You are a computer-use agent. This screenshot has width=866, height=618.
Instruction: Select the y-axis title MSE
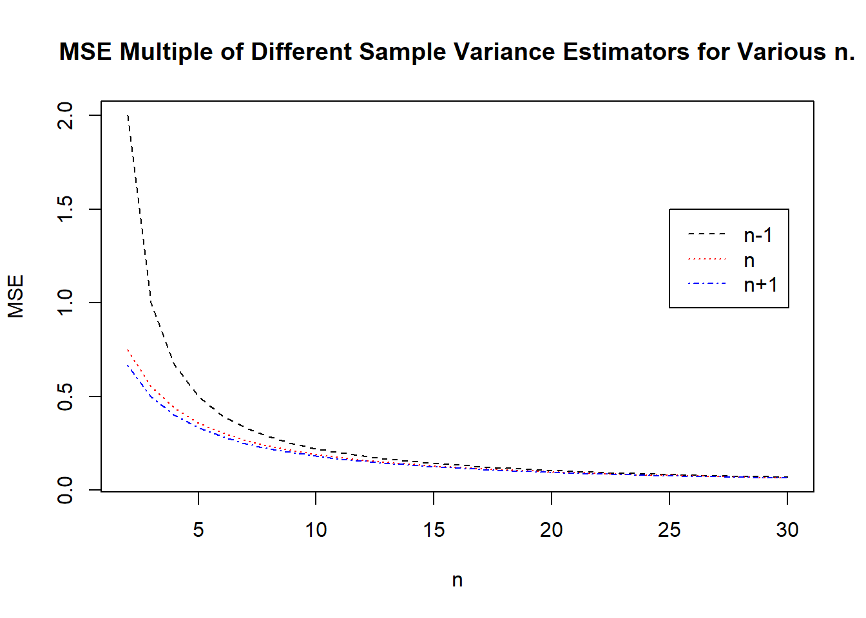15,296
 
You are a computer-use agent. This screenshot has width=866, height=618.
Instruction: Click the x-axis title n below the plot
457,580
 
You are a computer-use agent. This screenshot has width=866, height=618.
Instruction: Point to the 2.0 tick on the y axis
66,116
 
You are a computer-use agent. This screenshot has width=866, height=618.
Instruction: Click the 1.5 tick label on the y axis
66,209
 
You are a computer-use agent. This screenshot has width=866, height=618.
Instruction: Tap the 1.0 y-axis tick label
66,303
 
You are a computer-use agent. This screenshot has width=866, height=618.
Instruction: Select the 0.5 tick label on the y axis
66,397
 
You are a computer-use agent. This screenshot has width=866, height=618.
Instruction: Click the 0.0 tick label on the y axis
66,490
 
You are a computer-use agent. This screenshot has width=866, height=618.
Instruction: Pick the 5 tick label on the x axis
198,530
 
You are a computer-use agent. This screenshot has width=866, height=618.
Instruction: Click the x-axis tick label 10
316,530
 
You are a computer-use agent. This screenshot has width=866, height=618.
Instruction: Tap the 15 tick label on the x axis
434,530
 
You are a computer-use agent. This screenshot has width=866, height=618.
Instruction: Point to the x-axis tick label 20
552,530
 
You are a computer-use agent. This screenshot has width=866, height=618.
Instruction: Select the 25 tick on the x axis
669,530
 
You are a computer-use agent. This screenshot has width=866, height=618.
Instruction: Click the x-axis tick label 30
787,530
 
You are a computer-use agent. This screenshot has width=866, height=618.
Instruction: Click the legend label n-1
758,236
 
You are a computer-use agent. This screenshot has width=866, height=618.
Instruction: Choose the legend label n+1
760,285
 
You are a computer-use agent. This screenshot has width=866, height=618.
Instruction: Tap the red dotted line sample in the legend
707,259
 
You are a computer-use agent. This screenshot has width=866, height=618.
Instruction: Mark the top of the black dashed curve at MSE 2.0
128,116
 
